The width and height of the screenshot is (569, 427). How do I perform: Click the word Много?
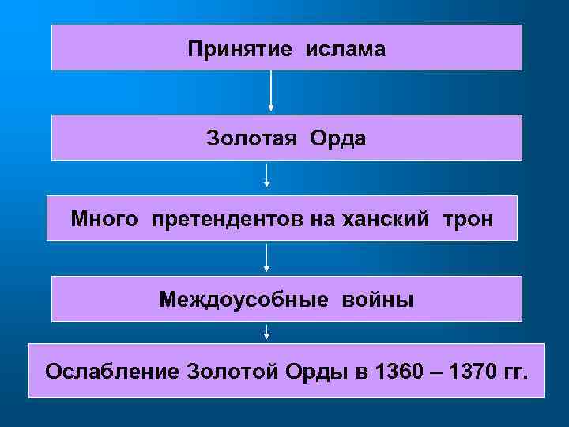click(103, 218)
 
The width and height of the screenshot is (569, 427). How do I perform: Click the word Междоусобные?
click(244, 300)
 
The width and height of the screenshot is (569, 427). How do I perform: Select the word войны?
click(377, 300)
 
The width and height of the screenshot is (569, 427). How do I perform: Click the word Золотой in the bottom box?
click(230, 370)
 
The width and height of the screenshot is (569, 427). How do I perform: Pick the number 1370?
click(472, 370)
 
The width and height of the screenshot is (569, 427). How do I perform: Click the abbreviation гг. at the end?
click(514, 370)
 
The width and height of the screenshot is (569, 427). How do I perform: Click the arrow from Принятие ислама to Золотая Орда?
click(271, 91)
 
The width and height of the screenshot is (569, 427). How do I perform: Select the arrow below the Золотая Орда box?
click(267, 175)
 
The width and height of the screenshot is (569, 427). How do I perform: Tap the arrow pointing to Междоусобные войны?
click(267, 258)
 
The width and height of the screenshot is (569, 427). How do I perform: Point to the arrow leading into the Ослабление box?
click(267, 331)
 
